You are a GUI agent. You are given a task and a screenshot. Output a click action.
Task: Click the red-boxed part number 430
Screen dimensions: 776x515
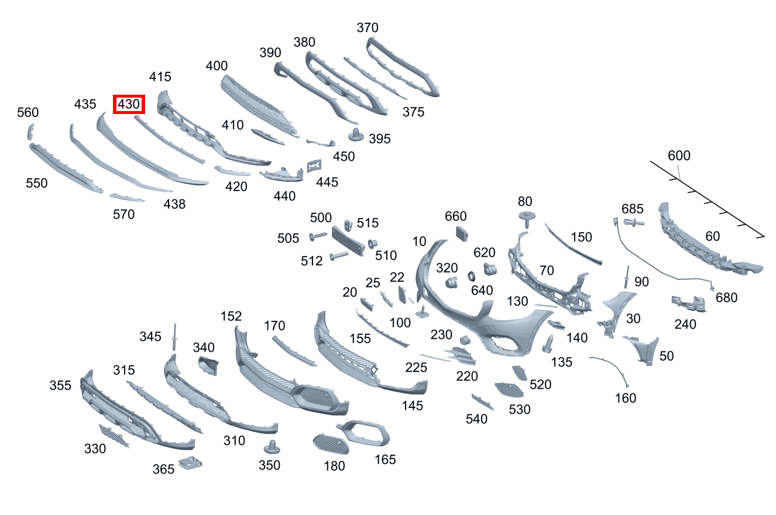tap(129, 104)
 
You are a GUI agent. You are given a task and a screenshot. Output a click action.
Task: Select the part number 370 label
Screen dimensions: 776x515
tap(368, 27)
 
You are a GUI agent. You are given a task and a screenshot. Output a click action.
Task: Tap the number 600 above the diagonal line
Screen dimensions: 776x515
tap(679, 155)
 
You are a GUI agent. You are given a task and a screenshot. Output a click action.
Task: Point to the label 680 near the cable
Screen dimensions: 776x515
tap(726, 298)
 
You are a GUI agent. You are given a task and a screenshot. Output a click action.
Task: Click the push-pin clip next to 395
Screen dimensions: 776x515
tap(356, 134)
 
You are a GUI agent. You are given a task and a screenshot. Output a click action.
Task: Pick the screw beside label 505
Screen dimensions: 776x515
tap(318, 236)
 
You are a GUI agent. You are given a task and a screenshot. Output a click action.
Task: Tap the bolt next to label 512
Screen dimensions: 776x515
tap(338, 256)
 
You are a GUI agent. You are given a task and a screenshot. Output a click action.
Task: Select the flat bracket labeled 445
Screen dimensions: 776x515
tap(314, 166)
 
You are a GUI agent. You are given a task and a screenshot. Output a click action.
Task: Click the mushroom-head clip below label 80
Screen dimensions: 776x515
tap(527, 219)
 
